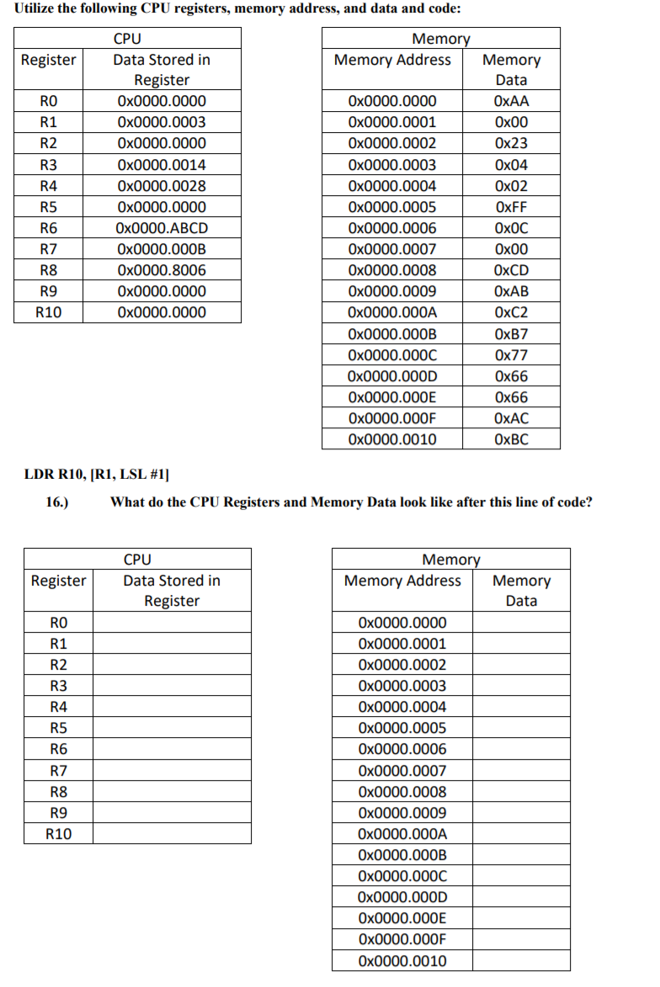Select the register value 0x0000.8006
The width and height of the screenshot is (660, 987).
tap(162, 270)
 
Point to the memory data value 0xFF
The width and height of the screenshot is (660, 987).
tap(512, 207)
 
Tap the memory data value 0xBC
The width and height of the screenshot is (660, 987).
tap(512, 439)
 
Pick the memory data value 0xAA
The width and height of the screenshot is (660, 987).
tap(512, 101)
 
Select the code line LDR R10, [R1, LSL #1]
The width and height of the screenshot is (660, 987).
tap(97, 475)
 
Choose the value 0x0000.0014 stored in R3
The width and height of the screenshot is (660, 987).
tap(162, 165)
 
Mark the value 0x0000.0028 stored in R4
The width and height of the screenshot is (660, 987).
tap(162, 186)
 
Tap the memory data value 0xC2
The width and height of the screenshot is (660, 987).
tap(512, 313)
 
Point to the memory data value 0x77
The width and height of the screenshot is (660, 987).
tap(512, 355)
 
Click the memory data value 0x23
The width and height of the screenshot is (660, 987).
tap(512, 143)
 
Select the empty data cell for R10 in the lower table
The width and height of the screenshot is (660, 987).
tap(172, 834)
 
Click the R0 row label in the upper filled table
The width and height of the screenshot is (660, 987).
tap(49, 101)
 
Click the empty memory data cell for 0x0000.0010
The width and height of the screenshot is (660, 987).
tap(521, 961)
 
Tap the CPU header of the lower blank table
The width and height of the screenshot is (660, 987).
tap(137, 559)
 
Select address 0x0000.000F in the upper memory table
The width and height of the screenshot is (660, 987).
tap(392, 418)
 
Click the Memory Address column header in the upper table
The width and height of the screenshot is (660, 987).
tap(392, 60)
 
